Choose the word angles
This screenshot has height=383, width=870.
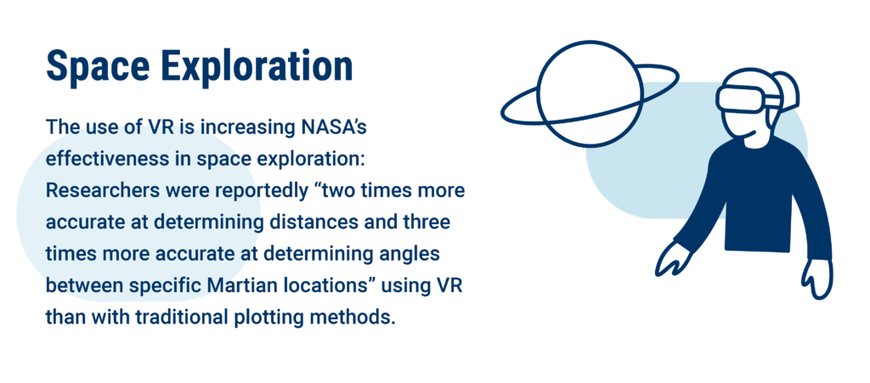(408, 256)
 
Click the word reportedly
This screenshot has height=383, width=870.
(274, 192)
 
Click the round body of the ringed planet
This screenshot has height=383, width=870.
(590, 93)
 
